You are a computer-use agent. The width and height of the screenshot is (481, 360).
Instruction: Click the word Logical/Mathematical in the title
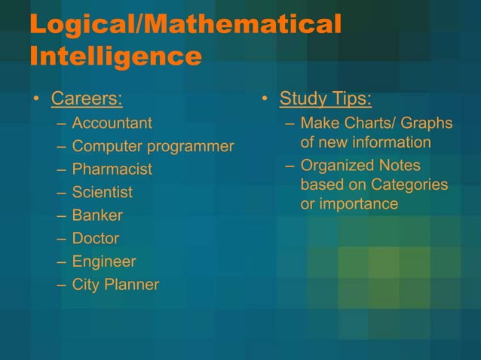click(185, 24)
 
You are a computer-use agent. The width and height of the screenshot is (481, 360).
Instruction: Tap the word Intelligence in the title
click(115, 56)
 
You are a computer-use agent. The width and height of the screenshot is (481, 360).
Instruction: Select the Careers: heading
click(87, 99)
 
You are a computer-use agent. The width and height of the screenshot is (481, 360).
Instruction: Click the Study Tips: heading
click(325, 99)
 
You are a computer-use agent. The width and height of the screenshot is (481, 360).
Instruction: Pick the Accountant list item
click(112, 123)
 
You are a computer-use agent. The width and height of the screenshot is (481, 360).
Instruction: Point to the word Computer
click(107, 146)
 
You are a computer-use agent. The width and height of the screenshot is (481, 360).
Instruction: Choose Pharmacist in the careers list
click(112, 169)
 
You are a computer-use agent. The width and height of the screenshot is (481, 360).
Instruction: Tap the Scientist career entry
click(102, 192)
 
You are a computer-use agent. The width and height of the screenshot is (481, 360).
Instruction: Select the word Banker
click(97, 215)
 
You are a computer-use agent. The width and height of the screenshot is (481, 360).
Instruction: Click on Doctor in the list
click(95, 239)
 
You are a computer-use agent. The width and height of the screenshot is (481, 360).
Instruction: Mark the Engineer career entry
click(104, 262)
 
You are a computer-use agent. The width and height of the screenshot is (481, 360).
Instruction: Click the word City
click(85, 285)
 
